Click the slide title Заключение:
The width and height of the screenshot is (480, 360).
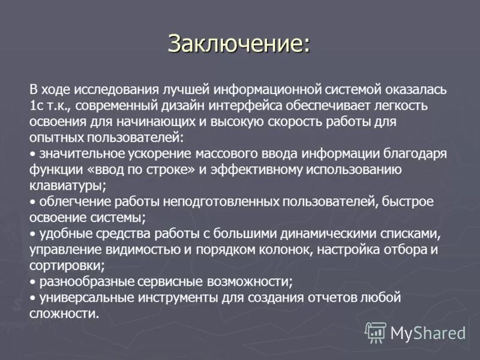click(239, 43)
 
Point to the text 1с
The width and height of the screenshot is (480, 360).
click(35, 106)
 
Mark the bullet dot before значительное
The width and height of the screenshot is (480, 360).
click(32, 154)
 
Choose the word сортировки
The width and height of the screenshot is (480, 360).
click(66, 264)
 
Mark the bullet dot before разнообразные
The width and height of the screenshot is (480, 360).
click(32, 281)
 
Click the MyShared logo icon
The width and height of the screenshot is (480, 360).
click(376, 332)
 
